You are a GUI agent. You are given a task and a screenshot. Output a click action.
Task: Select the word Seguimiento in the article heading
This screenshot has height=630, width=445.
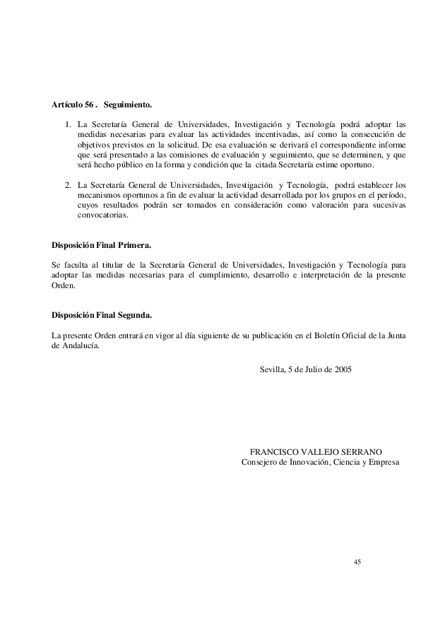coord(128,105)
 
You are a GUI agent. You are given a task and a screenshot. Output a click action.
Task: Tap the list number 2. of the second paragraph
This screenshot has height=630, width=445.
coord(69,186)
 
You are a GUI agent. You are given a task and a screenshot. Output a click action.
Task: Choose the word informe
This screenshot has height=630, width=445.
coord(390,145)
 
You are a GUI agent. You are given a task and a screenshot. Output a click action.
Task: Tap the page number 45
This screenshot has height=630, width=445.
coord(357,561)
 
